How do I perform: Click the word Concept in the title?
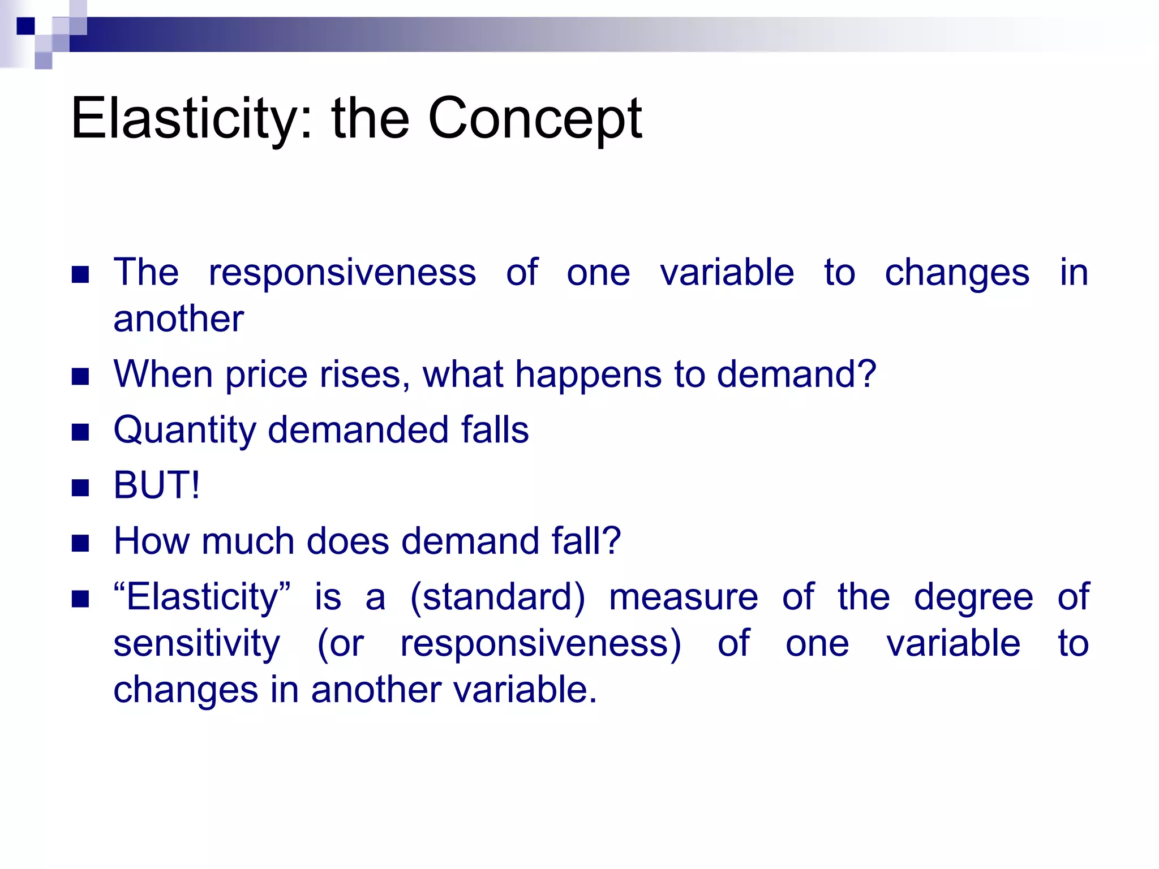[535, 119]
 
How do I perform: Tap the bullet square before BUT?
[81, 487]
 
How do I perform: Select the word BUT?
[157, 485]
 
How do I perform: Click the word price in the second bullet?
[266, 376]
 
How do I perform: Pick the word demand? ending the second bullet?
[797, 375]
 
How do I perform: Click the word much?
[247, 541]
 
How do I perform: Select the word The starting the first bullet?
[146, 273]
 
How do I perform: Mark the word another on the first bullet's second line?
[178, 319]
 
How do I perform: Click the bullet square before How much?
[81, 543]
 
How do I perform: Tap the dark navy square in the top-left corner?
[25, 26]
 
